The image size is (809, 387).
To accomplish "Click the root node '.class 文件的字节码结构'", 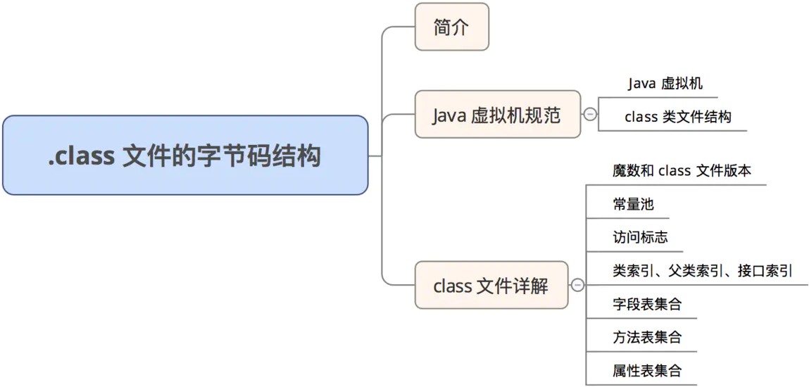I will pos(184,156).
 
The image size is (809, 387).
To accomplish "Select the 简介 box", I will pos(451,27).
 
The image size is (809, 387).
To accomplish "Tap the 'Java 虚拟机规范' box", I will pos(497,115).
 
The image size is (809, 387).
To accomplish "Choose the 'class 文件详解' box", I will pos(491,286).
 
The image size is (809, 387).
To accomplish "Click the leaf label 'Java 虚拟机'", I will pos(665,84).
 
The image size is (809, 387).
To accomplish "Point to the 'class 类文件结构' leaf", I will pos(677,117).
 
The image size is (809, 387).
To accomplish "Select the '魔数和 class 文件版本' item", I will pos(682,170).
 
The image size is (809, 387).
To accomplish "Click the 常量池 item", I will pos(633,204).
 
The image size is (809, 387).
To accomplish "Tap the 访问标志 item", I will pos(640,237).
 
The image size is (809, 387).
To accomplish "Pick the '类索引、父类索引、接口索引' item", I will pos(702,271).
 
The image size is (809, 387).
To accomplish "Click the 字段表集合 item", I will pos(647,305).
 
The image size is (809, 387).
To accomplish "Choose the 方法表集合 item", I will pos(647,338).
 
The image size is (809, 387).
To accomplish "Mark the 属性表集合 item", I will pos(647,371).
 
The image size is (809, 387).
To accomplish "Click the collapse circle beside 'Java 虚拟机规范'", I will pos(590,114).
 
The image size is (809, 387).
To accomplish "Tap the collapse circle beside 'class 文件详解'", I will pos(577,285).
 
